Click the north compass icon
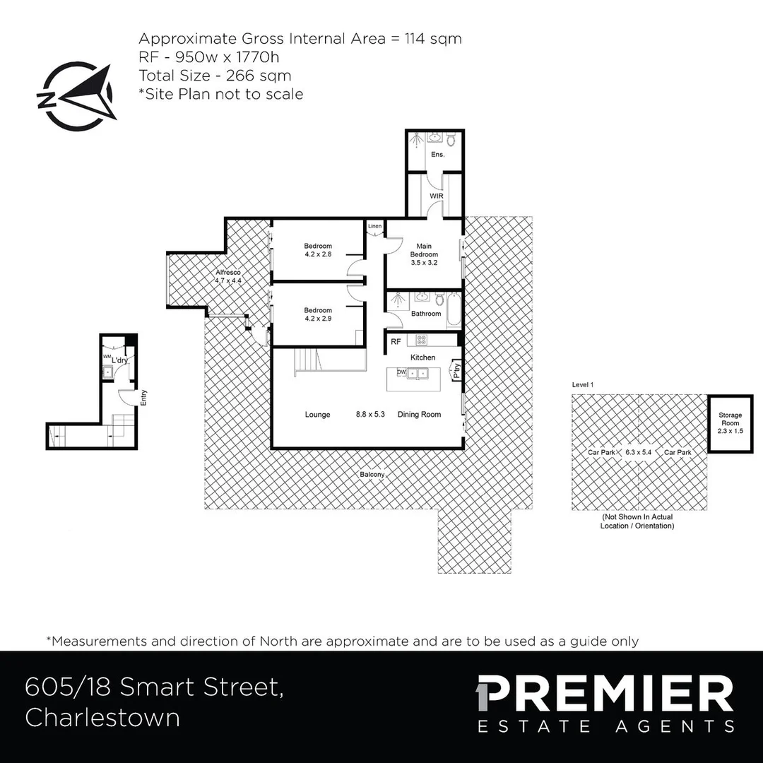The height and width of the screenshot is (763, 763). (74, 97)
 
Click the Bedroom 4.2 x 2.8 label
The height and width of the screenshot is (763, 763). (318, 250)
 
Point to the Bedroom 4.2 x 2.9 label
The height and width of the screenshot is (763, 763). (318, 314)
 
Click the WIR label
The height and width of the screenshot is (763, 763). (436, 196)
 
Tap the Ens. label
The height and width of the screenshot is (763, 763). (438, 155)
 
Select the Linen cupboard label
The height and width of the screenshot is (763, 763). (374, 226)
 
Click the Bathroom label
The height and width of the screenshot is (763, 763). (426, 314)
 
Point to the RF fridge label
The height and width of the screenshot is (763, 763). (396, 342)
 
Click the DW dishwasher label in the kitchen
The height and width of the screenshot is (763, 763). (401, 372)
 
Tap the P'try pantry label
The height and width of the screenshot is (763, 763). (457, 369)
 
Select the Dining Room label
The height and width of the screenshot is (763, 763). (419, 415)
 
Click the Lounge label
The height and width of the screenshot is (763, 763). (317, 415)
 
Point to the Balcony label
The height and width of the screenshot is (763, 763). (372, 475)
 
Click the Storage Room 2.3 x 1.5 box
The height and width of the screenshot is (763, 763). (731, 423)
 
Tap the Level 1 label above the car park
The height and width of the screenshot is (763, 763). (582, 384)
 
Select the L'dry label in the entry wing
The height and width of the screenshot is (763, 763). (120, 360)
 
